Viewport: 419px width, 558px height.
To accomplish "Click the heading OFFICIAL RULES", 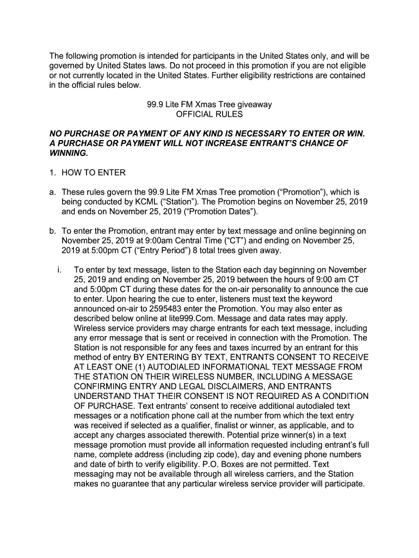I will click(x=209, y=114).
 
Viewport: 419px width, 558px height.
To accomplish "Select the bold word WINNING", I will click(x=68, y=153).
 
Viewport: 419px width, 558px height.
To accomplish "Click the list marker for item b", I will click(x=53, y=232).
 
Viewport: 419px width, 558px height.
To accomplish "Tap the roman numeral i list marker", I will click(x=58, y=270).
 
